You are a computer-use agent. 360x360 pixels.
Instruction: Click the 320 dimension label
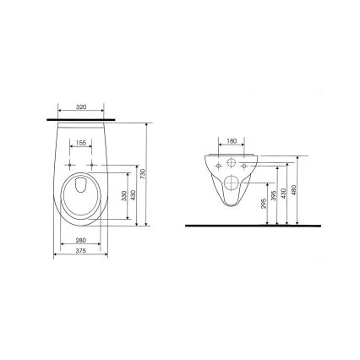point(82,109)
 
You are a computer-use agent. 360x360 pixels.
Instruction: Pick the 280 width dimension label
point(82,241)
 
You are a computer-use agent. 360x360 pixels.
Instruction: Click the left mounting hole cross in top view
point(68,163)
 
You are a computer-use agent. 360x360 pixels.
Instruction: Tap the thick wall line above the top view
point(82,119)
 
